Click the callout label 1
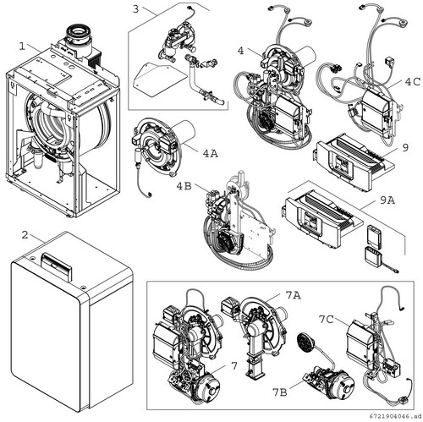click(22, 46)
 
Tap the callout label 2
click(25, 235)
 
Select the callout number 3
click(136, 9)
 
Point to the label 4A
click(211, 154)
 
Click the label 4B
click(184, 186)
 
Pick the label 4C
click(412, 82)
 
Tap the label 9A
click(387, 200)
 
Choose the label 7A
click(294, 295)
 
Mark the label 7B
click(280, 392)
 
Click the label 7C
click(327, 320)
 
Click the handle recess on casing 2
click(57, 264)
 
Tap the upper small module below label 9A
click(375, 232)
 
